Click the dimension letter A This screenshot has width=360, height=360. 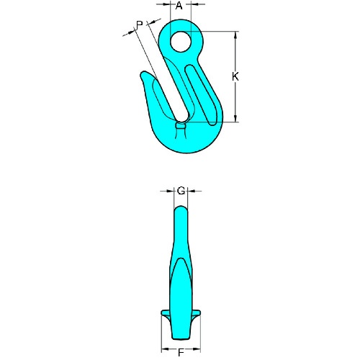(179, 5)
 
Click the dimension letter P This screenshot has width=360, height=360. (140, 24)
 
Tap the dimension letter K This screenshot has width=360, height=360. (235, 76)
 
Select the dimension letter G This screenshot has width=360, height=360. (181, 191)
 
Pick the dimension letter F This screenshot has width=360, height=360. (181, 353)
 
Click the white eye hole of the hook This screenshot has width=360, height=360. (181, 42)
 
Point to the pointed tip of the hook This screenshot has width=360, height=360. (143, 73)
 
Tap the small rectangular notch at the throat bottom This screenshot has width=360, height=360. (181, 126)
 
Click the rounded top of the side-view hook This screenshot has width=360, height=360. (181, 209)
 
